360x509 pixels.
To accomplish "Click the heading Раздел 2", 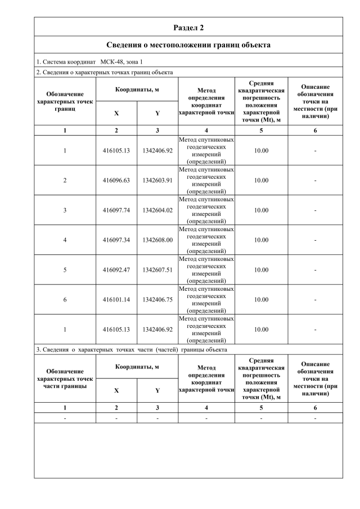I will tap(188, 27).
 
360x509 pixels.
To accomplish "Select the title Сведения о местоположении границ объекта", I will tap(188, 44).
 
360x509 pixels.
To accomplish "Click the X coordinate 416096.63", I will tap(116, 181).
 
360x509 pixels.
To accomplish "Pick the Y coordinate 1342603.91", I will tap(157, 181).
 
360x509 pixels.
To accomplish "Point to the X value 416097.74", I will tap(116, 210).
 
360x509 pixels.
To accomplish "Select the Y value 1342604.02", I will tap(157, 210).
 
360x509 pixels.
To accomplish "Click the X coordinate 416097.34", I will tap(116, 240).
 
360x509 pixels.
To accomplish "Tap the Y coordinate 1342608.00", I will tap(157, 240).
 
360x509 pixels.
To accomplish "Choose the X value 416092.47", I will tap(116, 270).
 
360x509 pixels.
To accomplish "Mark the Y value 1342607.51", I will tap(157, 270).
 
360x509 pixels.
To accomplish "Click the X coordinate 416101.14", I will tap(116, 300).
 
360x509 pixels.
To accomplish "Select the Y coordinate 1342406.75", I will tap(157, 300).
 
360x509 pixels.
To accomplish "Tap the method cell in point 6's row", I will tap(206, 300).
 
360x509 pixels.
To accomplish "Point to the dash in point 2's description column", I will tap(315, 181).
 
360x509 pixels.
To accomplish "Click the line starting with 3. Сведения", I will tap(132, 349).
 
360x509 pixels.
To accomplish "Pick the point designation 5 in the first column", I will tap(65, 270).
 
